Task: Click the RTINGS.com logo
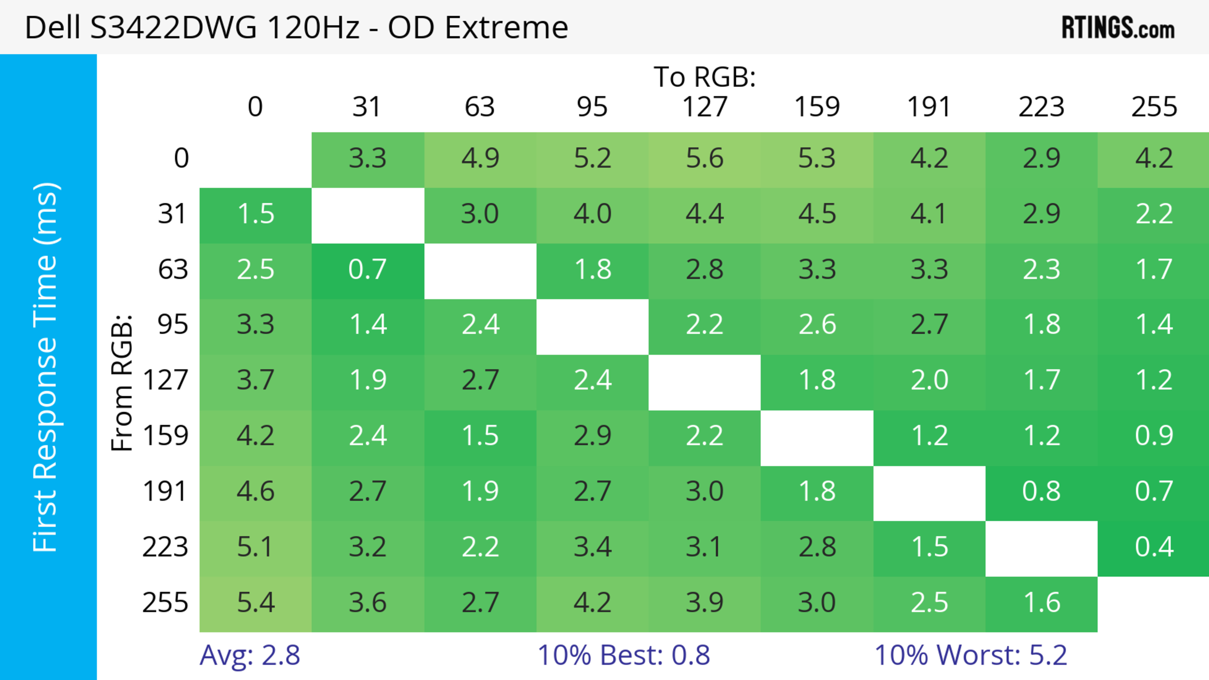(1118, 27)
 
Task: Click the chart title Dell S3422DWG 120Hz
(296, 27)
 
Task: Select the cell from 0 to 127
(705, 159)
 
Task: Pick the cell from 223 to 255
(1154, 547)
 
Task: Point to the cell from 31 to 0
(255, 214)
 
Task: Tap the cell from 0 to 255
(1154, 159)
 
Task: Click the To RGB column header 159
(817, 107)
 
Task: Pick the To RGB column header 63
(480, 107)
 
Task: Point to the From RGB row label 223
(165, 547)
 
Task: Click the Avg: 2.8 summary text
(250, 655)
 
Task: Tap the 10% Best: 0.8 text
(623, 655)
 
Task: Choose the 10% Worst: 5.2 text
(971, 655)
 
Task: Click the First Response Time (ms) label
(46, 367)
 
